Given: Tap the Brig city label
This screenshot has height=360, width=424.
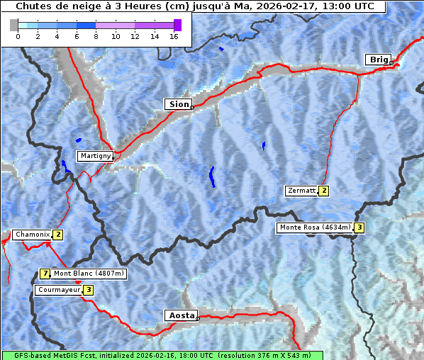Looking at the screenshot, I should (377, 60).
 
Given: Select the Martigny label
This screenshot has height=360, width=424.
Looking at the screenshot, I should (94, 156).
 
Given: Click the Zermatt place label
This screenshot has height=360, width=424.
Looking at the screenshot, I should (301, 191).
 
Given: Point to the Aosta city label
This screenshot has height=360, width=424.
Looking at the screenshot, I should (180, 315).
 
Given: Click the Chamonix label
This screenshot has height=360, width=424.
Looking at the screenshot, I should (32, 235).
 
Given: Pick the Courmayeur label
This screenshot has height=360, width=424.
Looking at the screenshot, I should (58, 290).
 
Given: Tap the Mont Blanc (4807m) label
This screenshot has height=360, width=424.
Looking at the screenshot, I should (89, 274).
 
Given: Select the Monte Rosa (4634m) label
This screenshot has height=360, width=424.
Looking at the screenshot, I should (315, 227).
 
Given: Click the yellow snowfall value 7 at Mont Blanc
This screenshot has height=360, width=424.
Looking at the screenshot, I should (45, 274).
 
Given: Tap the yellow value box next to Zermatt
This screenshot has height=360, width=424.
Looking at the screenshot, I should (324, 191).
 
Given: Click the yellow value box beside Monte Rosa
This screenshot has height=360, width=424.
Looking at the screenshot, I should (359, 227).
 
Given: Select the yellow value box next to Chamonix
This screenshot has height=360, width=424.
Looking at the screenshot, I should (58, 235).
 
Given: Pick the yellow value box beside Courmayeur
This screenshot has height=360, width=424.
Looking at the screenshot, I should (89, 290).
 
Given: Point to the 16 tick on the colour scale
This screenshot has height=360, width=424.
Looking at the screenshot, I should (173, 36).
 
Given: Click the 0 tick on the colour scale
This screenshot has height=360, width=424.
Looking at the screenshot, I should (18, 36).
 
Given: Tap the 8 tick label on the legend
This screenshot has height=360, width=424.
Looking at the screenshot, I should (96, 36).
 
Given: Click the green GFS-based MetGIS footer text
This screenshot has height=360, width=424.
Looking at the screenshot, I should (162, 355).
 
